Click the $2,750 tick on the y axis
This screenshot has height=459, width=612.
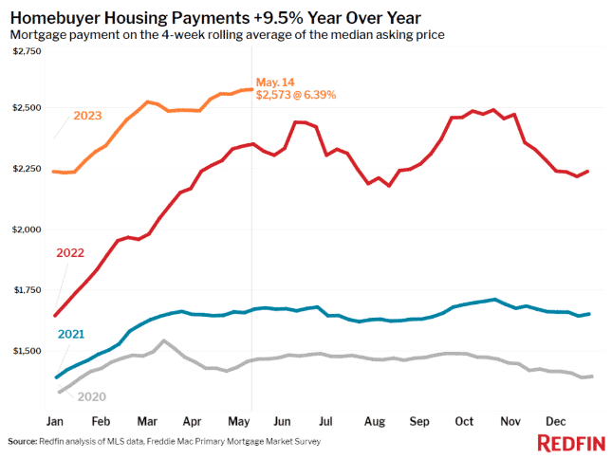point(25,50)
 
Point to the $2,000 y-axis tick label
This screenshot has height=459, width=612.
point(25,229)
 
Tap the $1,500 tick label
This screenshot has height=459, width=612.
point(25,351)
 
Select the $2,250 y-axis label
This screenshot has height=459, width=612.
point(25,169)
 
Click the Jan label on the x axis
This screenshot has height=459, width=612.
point(55,419)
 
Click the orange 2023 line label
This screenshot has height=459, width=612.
point(87,117)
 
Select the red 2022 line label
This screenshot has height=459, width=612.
point(70,253)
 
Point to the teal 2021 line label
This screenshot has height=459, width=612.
point(71,334)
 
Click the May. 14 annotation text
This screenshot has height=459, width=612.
point(275,82)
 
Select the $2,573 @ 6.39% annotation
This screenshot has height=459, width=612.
point(296,95)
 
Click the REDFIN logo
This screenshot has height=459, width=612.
point(568,443)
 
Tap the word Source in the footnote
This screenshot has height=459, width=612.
point(24,442)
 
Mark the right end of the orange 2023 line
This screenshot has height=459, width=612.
point(251,89)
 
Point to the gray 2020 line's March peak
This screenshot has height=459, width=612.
point(163,340)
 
